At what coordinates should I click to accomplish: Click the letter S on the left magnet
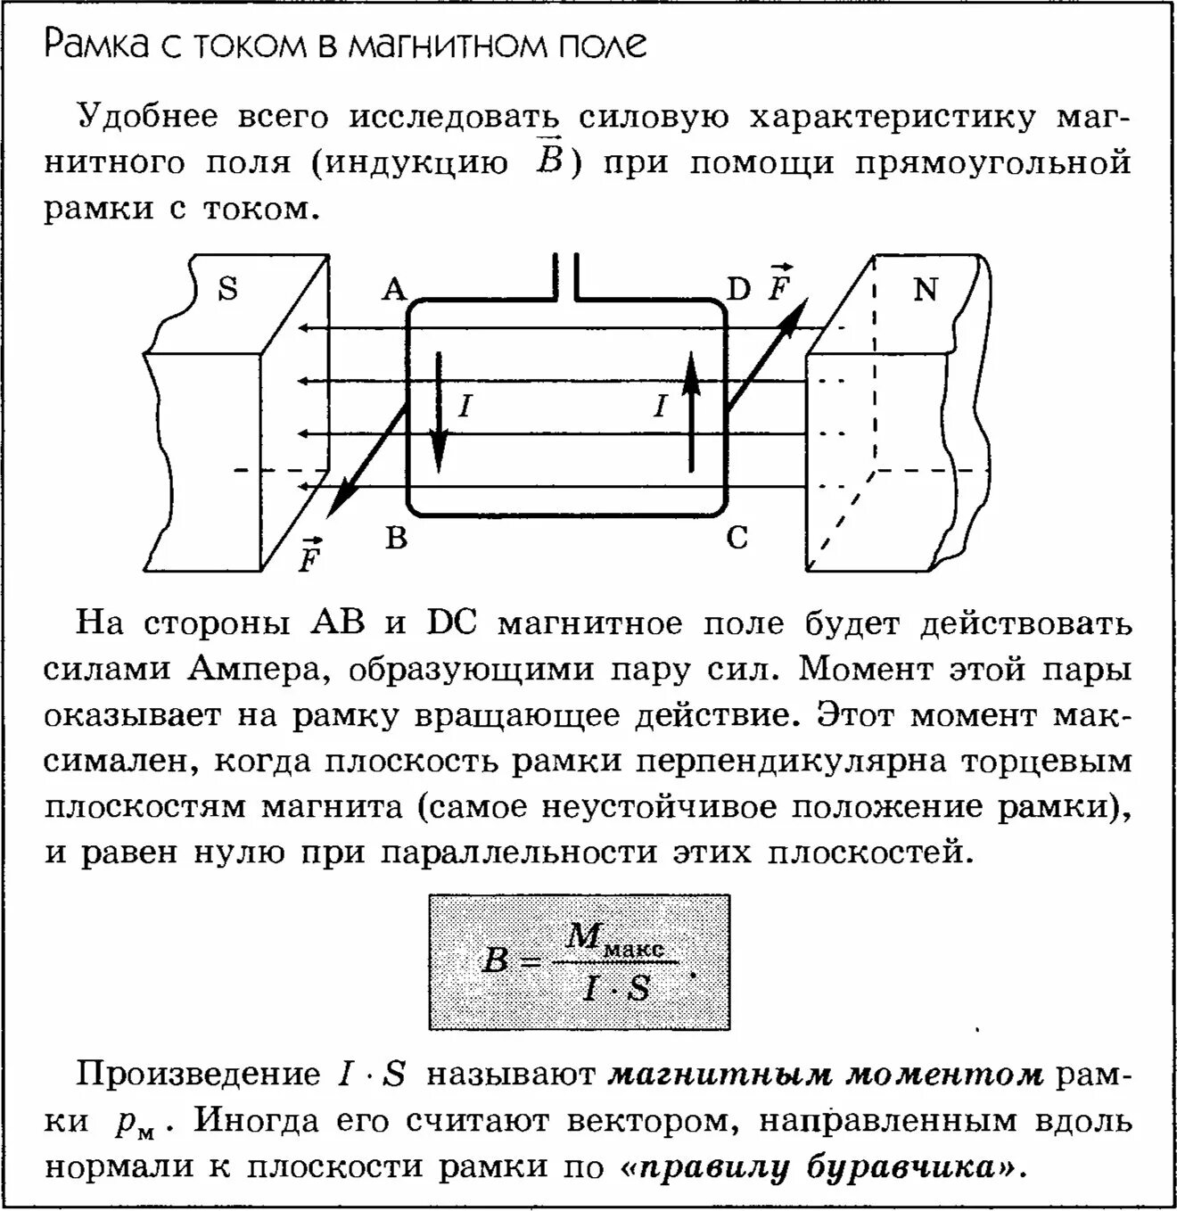pyautogui.click(x=228, y=289)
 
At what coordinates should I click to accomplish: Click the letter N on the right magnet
pyautogui.click(x=926, y=289)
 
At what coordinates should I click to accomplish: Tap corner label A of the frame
pyautogui.click(x=394, y=290)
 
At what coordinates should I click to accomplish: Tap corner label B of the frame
pyautogui.click(x=396, y=538)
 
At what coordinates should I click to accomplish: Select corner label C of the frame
pyautogui.click(x=737, y=538)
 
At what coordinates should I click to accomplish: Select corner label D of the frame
pyautogui.click(x=738, y=290)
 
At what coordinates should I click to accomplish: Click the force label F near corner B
pyautogui.click(x=309, y=557)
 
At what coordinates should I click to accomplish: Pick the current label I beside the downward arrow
pyautogui.click(x=465, y=408)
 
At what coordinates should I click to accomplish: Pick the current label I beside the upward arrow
pyautogui.click(x=660, y=408)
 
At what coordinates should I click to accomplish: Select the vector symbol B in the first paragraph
pyautogui.click(x=549, y=161)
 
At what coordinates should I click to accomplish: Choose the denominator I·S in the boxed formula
pyautogui.click(x=615, y=988)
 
